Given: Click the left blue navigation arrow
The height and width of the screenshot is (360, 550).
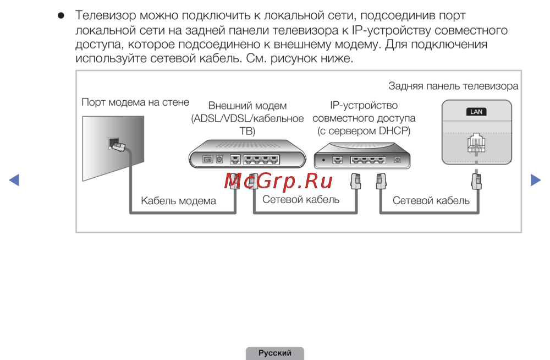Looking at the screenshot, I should pos(14,180).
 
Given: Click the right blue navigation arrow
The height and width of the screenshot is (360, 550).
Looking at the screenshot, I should pos(535,180).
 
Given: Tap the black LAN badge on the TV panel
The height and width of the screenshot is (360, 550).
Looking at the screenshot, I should pos(476,112).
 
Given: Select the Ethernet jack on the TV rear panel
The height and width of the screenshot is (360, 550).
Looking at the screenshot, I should pos(476,144).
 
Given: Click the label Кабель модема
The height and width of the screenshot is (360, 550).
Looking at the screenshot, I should pos(178,201).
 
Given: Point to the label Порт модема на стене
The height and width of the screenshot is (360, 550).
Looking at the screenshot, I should pos(135,102).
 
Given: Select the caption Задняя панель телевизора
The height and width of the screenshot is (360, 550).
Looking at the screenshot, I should pos(453,86).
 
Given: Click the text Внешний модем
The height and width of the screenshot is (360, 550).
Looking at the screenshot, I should pos(248,106).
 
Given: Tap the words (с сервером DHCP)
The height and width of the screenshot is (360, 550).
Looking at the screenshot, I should pos(364,131).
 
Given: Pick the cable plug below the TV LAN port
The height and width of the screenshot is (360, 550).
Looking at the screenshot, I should pos(476,179).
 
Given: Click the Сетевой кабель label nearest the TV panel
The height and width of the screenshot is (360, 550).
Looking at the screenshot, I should pos(431,200).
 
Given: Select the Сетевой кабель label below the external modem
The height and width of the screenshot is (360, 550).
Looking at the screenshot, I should pos(301,199).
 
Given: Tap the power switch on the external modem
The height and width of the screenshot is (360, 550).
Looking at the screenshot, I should pos(208,159).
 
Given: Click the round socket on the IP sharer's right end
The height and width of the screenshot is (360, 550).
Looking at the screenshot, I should pos(398,160).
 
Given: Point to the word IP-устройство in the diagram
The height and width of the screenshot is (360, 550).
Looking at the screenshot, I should pos(364,105).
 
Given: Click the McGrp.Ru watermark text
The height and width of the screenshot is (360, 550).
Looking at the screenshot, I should pos(278,181).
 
